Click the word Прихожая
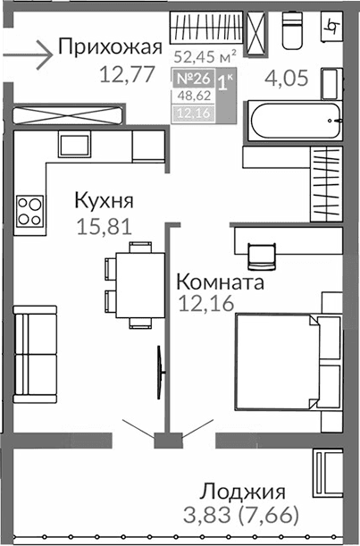click(x=109, y=47)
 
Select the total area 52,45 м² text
click(x=205, y=58)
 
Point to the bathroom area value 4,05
click(x=286, y=79)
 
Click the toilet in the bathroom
click(x=294, y=32)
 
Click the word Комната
click(x=220, y=282)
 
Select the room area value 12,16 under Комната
click(x=206, y=305)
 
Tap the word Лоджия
click(x=242, y=491)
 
